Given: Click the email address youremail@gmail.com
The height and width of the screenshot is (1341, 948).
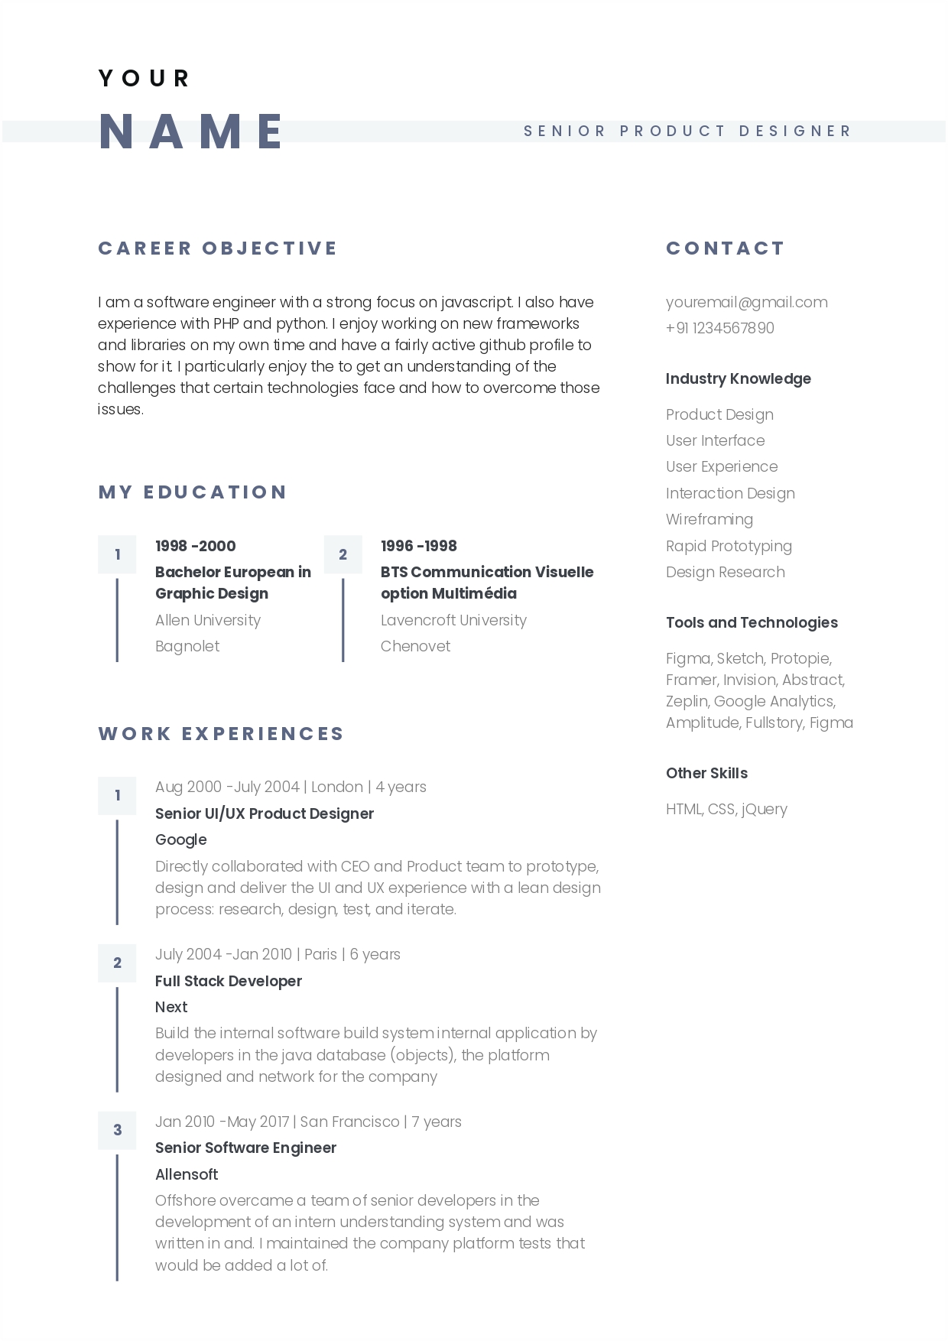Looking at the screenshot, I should click(x=746, y=302).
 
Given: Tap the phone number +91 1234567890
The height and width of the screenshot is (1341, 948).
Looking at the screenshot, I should click(x=719, y=328).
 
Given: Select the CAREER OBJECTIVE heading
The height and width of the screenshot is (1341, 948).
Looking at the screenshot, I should click(x=218, y=248).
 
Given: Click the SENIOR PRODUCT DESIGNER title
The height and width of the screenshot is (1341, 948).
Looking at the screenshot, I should click(x=687, y=132).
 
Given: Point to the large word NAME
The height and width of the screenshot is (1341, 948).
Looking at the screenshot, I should click(x=192, y=132).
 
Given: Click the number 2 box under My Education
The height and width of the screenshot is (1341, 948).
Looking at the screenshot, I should click(x=343, y=554).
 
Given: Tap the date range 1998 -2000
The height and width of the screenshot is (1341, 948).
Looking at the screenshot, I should click(x=195, y=546).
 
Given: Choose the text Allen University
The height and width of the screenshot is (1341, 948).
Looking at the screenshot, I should click(x=207, y=620).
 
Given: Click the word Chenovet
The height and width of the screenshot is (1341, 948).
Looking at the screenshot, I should click(x=415, y=646).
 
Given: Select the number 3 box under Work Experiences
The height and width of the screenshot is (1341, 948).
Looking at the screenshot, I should click(x=117, y=1130).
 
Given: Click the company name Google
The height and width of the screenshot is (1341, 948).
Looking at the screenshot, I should click(x=180, y=839).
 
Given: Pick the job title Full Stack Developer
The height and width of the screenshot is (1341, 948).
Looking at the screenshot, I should click(x=228, y=981).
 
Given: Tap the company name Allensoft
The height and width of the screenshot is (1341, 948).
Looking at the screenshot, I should click(x=187, y=1174).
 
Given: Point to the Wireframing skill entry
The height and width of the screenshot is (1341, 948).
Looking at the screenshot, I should click(x=709, y=520).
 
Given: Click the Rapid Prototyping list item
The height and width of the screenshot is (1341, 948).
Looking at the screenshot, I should click(x=729, y=546).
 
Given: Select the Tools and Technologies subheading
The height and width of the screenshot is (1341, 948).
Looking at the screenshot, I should click(x=752, y=622).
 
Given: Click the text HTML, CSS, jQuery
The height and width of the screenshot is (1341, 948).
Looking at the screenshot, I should click(x=726, y=809).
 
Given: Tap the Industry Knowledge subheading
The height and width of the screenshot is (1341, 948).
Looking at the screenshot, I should click(x=738, y=378).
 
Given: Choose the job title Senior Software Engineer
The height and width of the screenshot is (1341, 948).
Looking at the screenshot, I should click(x=245, y=1148).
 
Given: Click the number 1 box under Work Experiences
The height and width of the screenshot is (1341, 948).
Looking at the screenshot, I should click(x=117, y=795).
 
